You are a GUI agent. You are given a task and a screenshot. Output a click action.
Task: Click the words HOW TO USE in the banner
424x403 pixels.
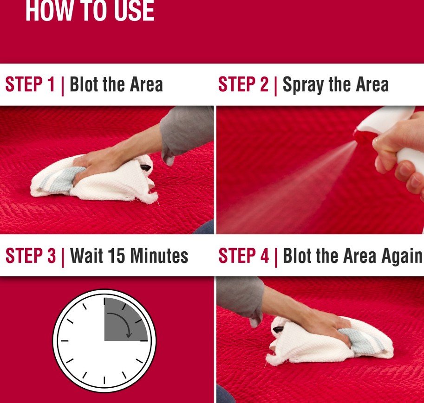click(x=90, y=11)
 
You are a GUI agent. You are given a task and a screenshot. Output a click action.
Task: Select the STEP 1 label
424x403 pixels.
click(x=30, y=84)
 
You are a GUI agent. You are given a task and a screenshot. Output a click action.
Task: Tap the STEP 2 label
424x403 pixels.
click(x=243, y=84)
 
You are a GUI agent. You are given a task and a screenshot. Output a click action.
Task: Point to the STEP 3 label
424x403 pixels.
click(x=31, y=256)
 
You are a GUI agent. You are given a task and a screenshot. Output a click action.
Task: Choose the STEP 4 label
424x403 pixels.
click(x=244, y=256)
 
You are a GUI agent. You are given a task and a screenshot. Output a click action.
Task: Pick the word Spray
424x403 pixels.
click(x=303, y=85)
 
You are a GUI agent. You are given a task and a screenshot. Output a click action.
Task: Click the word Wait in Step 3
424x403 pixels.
click(x=86, y=256)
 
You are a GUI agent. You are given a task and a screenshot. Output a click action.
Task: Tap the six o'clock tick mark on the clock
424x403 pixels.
click(x=104, y=380)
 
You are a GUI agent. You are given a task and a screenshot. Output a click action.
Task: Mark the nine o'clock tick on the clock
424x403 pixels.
click(x=65, y=341)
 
